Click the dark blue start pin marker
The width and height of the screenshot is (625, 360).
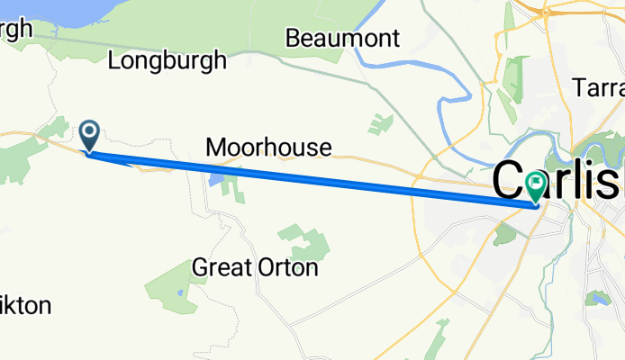(90, 137)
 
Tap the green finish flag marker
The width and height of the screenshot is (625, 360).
(536, 187)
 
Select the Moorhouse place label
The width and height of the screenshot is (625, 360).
(268, 148)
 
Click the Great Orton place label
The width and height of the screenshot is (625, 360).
(255, 267)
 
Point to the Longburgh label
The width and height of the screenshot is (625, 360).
(167, 61)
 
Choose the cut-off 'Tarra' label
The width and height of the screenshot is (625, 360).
(599, 87)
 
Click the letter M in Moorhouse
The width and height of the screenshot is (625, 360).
(216, 148)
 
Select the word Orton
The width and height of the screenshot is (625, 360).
(287, 267)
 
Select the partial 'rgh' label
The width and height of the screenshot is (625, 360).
(15, 29)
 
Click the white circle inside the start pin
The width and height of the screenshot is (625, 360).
(90, 132)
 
